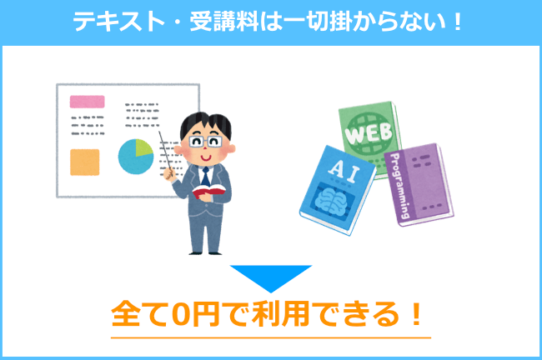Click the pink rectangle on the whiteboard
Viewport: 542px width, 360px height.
point(87,102)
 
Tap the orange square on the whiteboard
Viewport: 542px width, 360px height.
point(85,162)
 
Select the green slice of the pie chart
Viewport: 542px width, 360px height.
point(143,147)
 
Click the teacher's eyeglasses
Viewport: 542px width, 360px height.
point(205,142)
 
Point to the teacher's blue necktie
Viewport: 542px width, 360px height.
point(206,177)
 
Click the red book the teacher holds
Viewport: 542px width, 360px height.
point(208,191)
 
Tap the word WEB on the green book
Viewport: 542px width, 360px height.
point(369,133)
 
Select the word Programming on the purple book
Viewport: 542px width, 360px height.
point(400,186)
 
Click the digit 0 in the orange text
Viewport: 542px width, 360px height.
point(181,313)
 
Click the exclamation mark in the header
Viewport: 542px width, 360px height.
point(458,22)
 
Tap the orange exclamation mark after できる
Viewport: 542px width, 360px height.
point(417,313)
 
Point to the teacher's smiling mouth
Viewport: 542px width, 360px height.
point(205,158)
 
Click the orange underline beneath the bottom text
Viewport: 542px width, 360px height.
point(271,337)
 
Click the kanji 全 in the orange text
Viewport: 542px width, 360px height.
point(126,313)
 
